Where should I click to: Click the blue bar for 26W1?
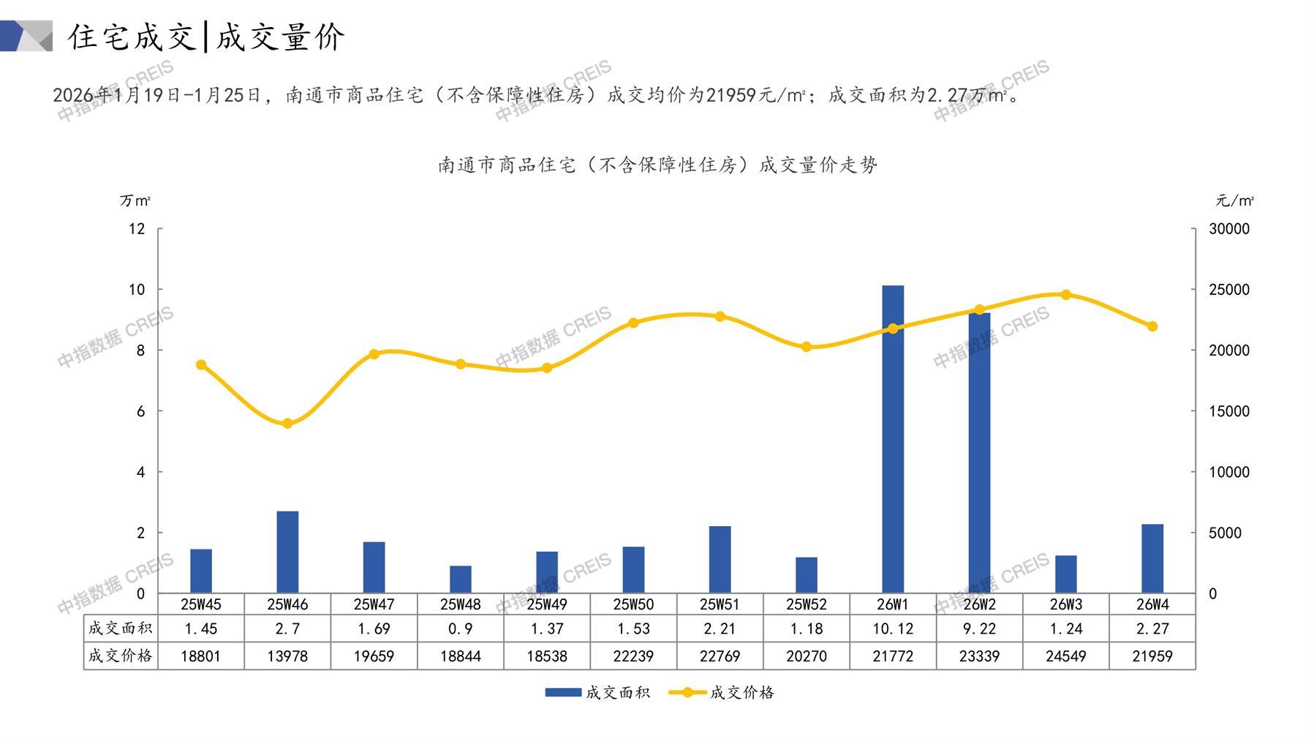pyautogui.click(x=892, y=439)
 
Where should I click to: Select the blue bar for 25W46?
pyautogui.click(x=287, y=552)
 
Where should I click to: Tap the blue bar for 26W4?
pyautogui.click(x=1152, y=558)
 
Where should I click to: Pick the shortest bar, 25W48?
pyautogui.click(x=460, y=579)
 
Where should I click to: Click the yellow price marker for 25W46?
pyautogui.click(x=287, y=424)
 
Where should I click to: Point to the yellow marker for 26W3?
pyautogui.click(x=1065, y=295)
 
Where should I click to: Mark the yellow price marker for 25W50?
pyautogui.click(x=633, y=323)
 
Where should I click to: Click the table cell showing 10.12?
pyautogui.click(x=892, y=629)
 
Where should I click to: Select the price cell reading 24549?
pyautogui.click(x=1065, y=656)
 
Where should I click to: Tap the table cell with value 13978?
pyautogui.click(x=287, y=656)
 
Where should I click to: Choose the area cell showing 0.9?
pyautogui.click(x=460, y=629)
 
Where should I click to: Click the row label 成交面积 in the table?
pyautogui.click(x=120, y=629)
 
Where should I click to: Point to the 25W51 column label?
pyautogui.click(x=720, y=604)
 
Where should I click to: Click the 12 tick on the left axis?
pyautogui.click(x=137, y=229)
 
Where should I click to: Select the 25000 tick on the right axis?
pyautogui.click(x=1229, y=290)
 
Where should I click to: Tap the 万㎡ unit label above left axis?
pyautogui.click(x=135, y=200)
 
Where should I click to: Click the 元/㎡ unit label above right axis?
pyautogui.click(x=1234, y=200)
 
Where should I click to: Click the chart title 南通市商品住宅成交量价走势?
pyautogui.click(x=657, y=165)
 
